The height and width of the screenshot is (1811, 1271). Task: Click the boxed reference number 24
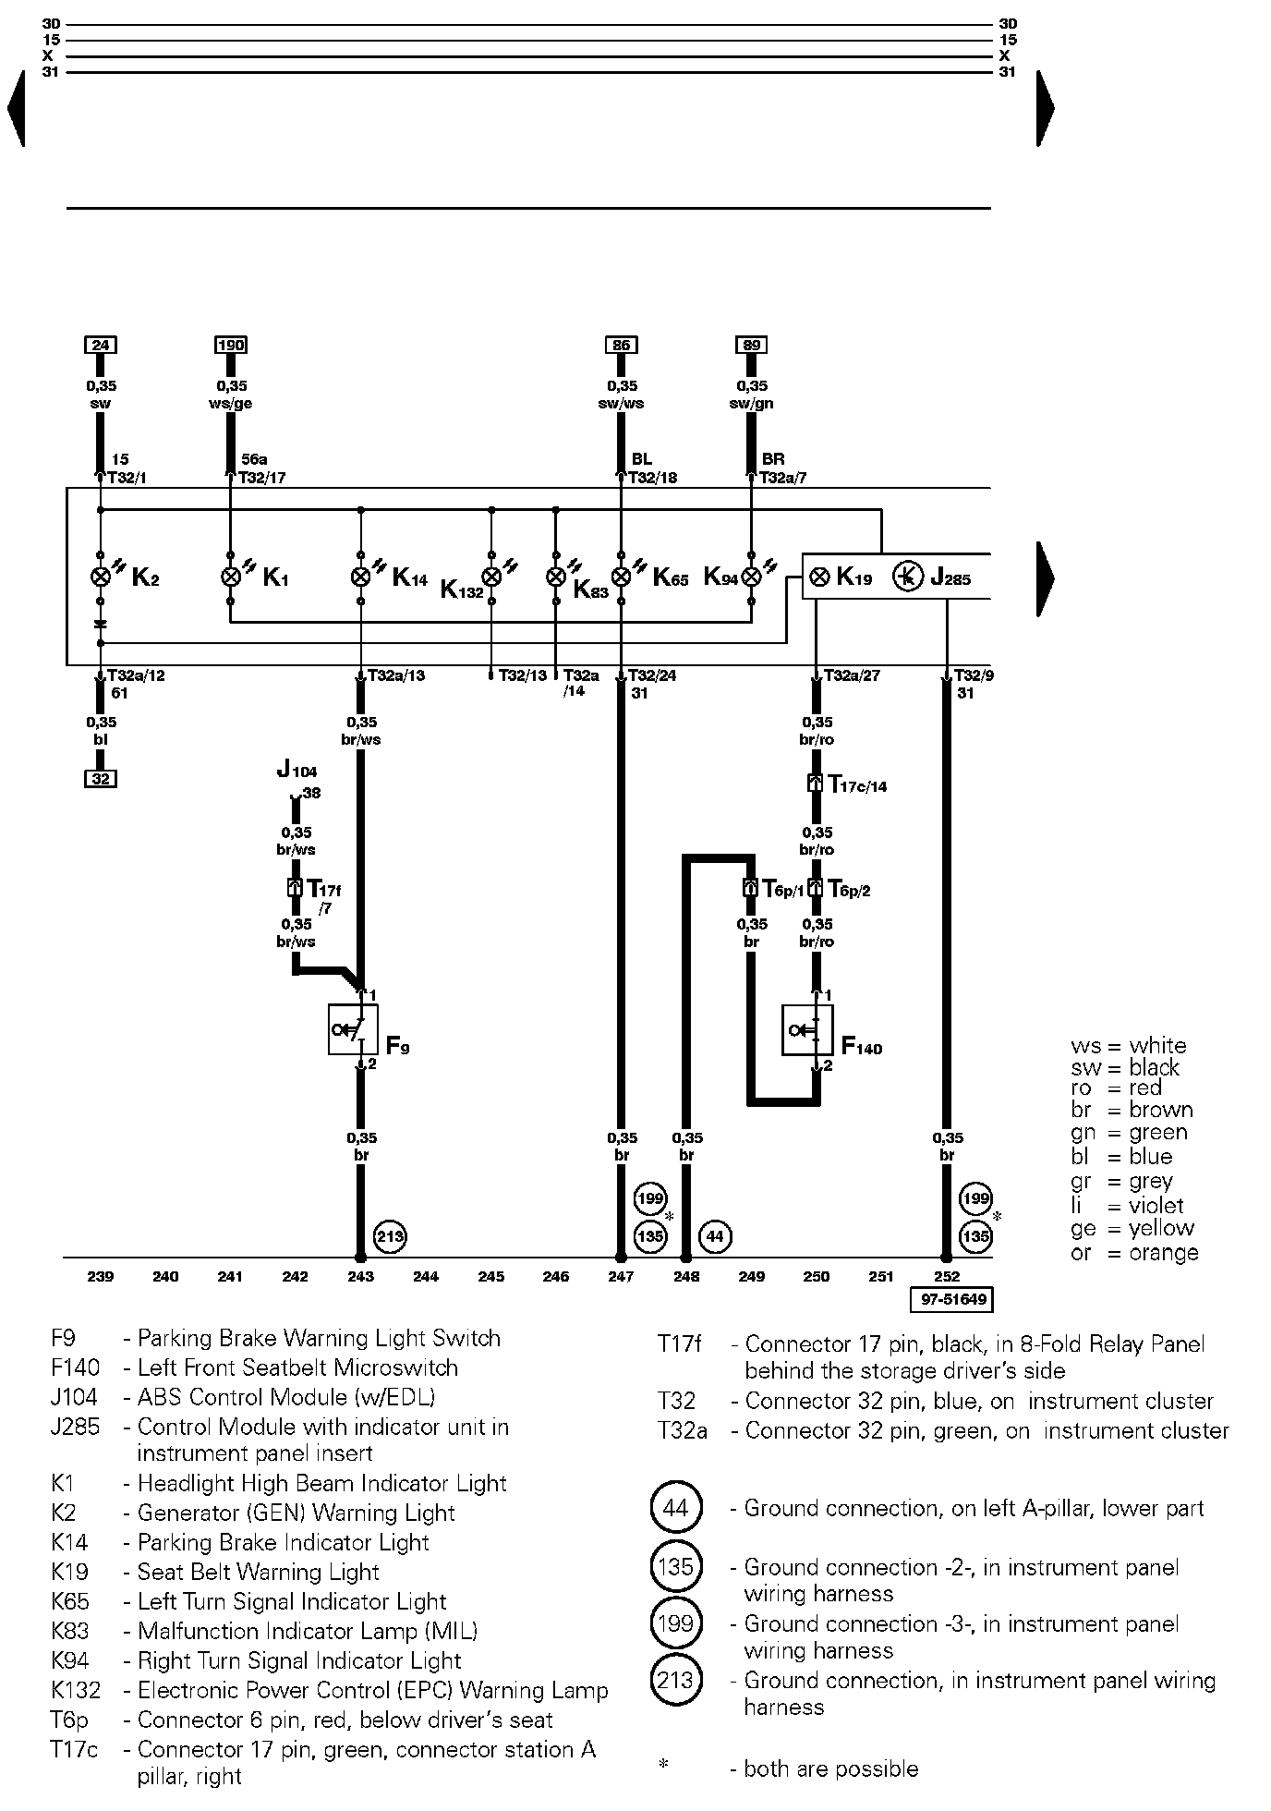point(101,346)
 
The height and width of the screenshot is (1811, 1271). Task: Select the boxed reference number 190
point(231,346)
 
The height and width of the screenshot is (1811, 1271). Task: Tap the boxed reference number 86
point(621,346)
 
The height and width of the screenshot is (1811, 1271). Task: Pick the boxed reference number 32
point(101,779)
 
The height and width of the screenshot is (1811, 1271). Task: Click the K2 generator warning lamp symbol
point(101,577)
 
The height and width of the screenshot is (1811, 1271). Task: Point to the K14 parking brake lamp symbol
point(360,577)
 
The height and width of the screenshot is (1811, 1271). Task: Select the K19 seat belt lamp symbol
point(818,577)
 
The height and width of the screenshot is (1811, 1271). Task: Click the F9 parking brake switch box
point(354,1029)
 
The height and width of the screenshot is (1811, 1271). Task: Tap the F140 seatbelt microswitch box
point(807,1029)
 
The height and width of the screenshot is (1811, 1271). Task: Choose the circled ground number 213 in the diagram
point(390,1235)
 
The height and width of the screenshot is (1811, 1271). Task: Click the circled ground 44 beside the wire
point(716,1235)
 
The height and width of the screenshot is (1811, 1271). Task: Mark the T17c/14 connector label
point(857,786)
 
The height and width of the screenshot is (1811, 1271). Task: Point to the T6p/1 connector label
point(782,890)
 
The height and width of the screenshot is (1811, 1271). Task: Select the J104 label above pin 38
point(297,771)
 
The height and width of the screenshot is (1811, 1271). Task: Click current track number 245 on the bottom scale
point(490,1277)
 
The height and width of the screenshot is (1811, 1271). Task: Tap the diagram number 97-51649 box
point(951,1300)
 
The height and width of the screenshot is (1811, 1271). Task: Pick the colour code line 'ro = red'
point(1116,1088)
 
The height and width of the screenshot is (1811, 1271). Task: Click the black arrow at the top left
point(16,108)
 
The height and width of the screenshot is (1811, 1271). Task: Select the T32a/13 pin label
point(396,675)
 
